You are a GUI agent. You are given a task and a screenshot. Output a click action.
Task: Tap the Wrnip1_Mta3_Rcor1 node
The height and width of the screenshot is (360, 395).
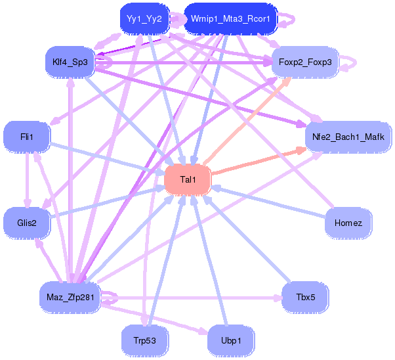pyautogui.click(x=231, y=19)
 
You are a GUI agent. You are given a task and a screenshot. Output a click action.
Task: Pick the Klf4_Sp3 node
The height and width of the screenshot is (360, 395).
pyautogui.click(x=70, y=62)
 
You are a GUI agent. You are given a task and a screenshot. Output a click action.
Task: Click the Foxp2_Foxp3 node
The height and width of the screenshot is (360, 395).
pyautogui.click(x=305, y=62)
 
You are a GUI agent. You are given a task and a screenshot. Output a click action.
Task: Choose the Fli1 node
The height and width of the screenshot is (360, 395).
pyautogui.click(x=27, y=137)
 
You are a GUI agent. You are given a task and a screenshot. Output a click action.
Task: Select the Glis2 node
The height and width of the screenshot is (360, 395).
pyautogui.click(x=27, y=223)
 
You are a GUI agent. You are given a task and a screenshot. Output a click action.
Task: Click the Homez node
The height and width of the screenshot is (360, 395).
pyautogui.click(x=348, y=223)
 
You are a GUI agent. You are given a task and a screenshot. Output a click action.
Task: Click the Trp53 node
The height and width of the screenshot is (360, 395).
pyautogui.click(x=144, y=340)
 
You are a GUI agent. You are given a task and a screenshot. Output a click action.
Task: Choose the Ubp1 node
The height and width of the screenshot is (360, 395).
pyautogui.click(x=230, y=340)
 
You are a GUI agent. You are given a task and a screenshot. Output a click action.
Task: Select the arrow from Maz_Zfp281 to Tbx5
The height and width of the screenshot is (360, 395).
pyautogui.click(x=197, y=298)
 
